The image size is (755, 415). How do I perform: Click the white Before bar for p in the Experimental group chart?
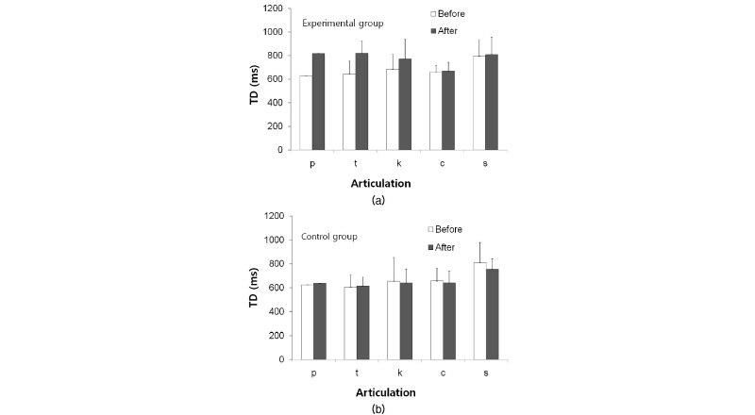(306, 112)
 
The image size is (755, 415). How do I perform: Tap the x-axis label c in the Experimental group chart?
(443, 163)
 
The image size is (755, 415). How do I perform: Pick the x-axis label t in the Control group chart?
(356, 373)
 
